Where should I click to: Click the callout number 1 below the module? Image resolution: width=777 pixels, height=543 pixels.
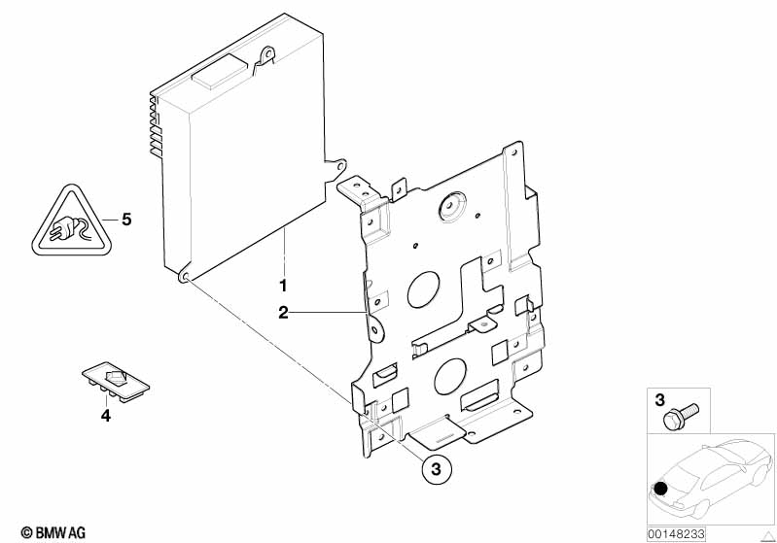coord(283,286)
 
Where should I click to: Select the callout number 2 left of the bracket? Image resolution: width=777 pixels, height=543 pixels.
coord(283,312)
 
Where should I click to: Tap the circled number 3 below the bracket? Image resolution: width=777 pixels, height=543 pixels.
coord(436,469)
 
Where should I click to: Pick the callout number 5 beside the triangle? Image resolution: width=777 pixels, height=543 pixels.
coord(125,219)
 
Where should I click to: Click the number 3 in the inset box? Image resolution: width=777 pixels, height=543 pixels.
coord(659,399)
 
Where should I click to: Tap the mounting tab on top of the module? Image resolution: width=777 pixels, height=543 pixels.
coord(264,58)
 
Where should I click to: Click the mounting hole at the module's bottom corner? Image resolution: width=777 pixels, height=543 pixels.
coord(183,276)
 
